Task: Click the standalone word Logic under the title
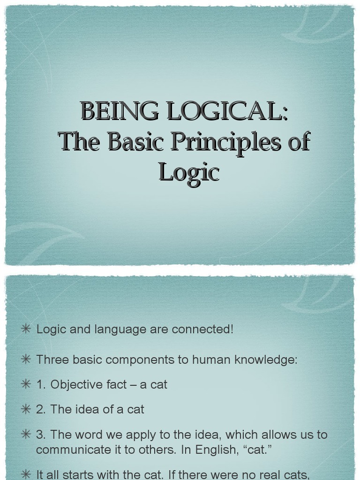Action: [x=189, y=172]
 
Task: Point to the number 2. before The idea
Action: [x=41, y=409]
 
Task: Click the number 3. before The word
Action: [x=41, y=435]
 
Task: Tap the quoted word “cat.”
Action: [x=259, y=450]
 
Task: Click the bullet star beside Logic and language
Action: [x=26, y=329]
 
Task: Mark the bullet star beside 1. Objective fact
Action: [x=26, y=384]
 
